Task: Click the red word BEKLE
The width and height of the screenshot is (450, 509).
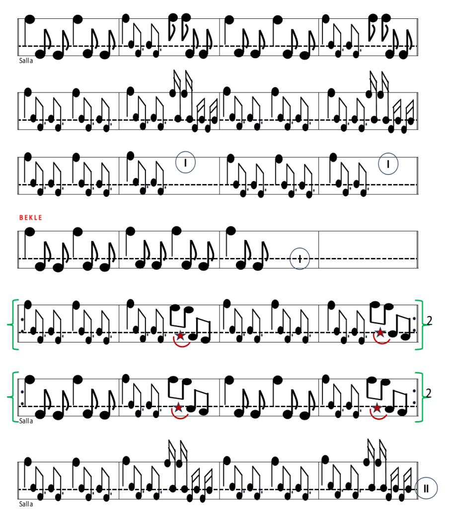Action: (x=31, y=218)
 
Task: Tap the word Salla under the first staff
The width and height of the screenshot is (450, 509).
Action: (x=26, y=61)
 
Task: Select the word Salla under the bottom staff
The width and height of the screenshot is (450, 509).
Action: (x=26, y=504)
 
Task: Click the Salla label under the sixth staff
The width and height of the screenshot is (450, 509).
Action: (x=26, y=421)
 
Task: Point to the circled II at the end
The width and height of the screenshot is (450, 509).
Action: (x=426, y=488)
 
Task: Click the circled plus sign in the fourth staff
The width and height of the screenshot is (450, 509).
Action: (x=300, y=258)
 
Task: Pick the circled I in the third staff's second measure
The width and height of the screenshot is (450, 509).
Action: (x=185, y=163)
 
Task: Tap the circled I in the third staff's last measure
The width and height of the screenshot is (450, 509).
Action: (x=388, y=164)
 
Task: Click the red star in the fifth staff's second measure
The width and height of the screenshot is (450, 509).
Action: (x=180, y=336)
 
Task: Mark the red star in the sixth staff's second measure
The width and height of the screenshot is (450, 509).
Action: (x=178, y=407)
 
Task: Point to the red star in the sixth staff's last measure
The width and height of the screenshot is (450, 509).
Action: (x=376, y=408)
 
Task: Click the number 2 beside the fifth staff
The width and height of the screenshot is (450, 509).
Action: (x=429, y=321)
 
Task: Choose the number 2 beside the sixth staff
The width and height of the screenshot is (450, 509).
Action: (x=428, y=393)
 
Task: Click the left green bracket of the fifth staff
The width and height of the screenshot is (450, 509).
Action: (x=13, y=325)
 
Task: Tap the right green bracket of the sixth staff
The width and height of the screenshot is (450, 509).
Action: (x=422, y=397)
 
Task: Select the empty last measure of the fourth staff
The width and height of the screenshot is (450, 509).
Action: (x=368, y=250)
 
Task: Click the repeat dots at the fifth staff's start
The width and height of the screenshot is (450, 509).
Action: (x=22, y=325)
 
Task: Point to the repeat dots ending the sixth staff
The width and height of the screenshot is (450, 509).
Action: (x=414, y=397)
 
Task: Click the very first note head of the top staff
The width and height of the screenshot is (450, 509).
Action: (x=30, y=19)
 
